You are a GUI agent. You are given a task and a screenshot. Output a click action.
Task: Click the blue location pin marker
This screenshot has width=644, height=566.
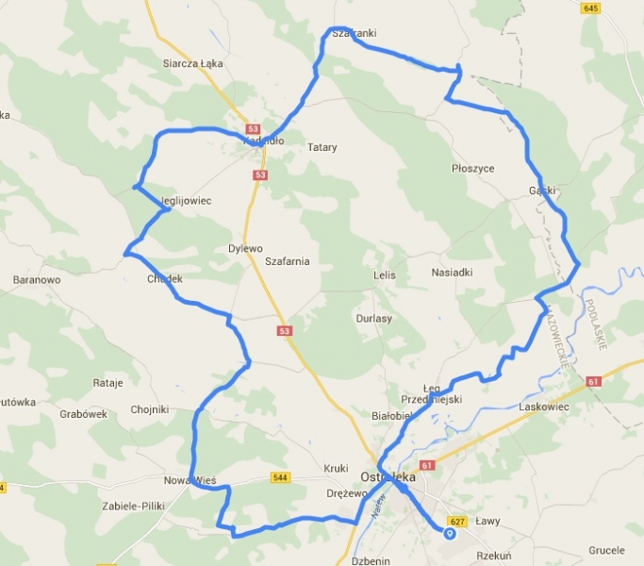pos(449,534)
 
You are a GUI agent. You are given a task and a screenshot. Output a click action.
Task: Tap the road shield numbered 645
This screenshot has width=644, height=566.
pos(591,8)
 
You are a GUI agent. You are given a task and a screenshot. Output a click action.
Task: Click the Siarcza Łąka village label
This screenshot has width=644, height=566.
pos(191,64)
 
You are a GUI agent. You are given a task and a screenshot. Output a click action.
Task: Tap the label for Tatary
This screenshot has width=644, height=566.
pos(322,147)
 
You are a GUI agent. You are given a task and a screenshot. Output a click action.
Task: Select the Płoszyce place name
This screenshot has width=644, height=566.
pos(472,168)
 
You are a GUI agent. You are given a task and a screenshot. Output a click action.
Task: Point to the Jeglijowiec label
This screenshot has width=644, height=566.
pos(186,201)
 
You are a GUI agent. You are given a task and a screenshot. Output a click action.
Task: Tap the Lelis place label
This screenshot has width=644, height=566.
pos(384,275)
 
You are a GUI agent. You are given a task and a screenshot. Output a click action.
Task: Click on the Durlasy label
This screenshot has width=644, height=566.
pos(373,319)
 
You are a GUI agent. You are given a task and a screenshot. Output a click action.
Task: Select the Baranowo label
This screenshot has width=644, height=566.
pos(37,280)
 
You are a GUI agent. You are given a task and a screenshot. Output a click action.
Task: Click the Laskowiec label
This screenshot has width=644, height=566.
pos(546,407)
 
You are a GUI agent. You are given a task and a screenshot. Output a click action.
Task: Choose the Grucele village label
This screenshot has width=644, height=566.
pos(606,549)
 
